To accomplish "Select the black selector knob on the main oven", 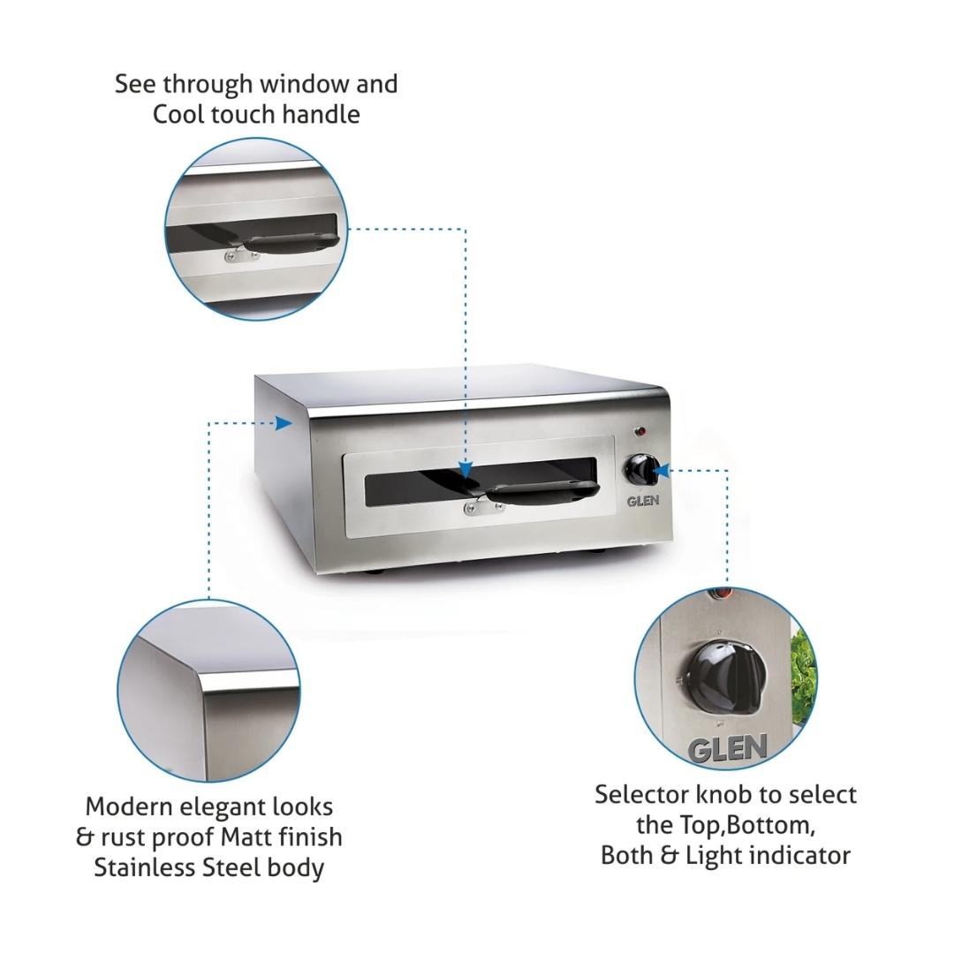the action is pos(640,470).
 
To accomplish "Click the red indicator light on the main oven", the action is pos(640,432).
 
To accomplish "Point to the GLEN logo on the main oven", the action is pos(643,500).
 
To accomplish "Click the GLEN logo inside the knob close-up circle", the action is pos(727,748).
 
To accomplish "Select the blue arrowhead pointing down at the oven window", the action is pos(466,469).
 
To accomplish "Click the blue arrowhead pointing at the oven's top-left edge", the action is pos(284,423).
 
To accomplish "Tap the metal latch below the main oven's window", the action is pos(476,506).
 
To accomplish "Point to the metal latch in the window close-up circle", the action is pos(241,257).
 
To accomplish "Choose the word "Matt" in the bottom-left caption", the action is pos(246,837).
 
